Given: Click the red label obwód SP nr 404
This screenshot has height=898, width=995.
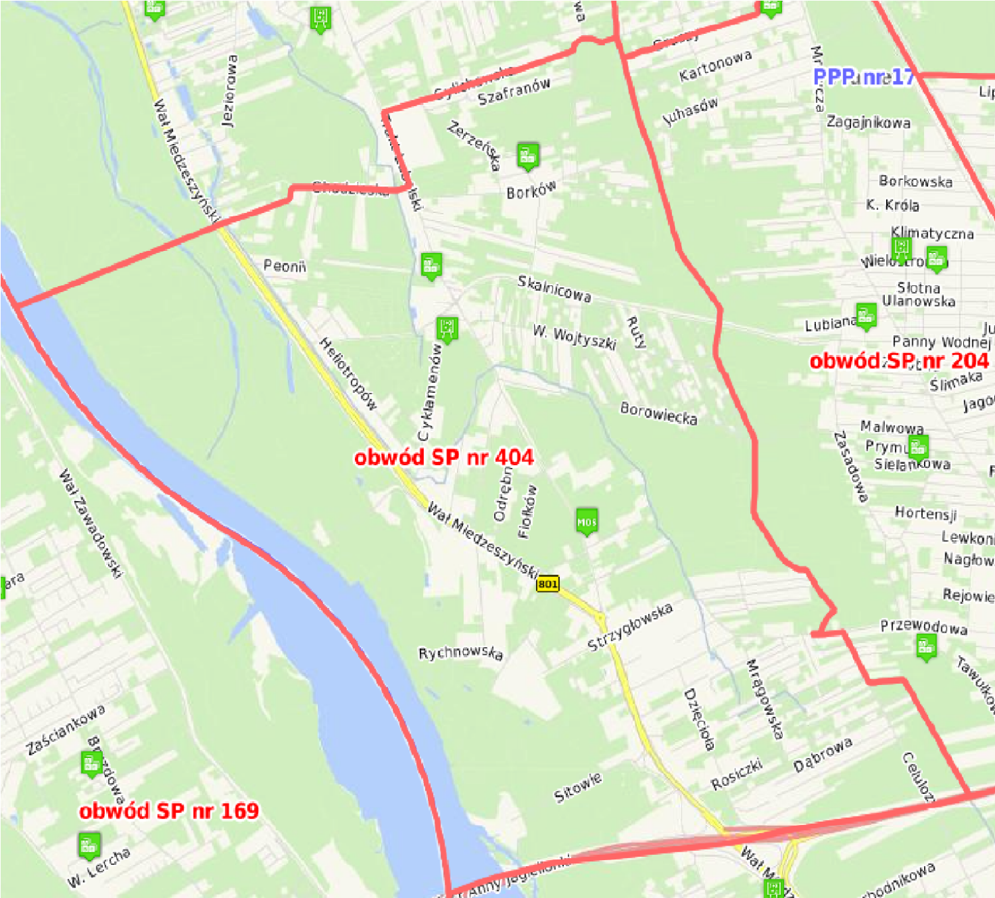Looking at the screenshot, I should coord(444,457).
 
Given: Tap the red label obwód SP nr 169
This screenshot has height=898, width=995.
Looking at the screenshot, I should coord(168,810).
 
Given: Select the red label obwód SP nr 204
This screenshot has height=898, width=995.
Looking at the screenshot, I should coord(899,360).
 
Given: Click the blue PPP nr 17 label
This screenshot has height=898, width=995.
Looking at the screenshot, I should coord(864,77).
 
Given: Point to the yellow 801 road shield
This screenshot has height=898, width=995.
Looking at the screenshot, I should coord(548,584).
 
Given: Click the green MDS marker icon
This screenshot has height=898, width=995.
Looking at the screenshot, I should coord(586,522).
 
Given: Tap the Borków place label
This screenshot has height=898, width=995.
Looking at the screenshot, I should coord(531,190).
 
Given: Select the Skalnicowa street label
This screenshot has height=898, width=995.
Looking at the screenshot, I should coord(554,289).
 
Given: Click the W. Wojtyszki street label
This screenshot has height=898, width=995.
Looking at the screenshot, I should coord(574,337).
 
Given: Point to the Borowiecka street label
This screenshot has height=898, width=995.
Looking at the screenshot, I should coord(659,413).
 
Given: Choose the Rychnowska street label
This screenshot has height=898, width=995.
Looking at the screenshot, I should coord(460,653).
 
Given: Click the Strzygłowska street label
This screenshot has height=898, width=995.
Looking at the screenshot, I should coord(630,627).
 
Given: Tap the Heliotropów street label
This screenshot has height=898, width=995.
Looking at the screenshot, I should coord(348,374).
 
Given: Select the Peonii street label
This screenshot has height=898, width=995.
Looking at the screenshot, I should coord(285,266).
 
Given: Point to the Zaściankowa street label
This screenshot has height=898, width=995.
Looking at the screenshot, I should coord(65,730).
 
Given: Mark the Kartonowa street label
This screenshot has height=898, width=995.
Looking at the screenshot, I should coord(715,65).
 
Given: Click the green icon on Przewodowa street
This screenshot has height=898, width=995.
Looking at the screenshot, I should coord(926,646).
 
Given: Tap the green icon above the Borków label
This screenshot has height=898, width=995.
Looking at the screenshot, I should coord(527,156).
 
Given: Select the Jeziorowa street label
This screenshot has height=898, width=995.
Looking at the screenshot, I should coord(229,91).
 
